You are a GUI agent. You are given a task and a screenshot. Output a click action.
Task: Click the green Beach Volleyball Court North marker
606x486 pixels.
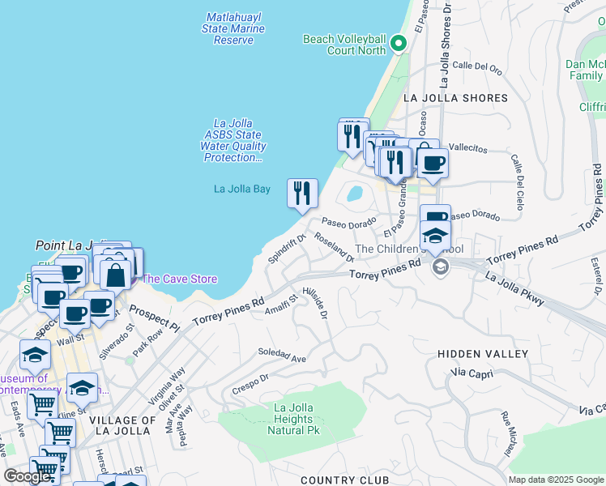(398, 43)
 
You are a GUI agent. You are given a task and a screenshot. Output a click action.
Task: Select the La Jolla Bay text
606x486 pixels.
(241, 189)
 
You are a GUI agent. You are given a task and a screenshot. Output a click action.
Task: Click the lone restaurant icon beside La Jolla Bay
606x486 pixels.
(302, 194)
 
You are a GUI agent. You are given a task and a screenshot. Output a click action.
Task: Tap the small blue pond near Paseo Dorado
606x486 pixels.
(354, 194)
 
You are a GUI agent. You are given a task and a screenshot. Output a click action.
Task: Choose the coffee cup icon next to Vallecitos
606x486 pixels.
(432, 163)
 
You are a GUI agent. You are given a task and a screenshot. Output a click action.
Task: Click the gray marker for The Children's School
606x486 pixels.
(441, 267)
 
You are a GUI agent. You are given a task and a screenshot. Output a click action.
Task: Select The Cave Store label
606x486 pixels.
(179, 279)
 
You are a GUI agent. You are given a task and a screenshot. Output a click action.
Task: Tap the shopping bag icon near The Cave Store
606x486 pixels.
(116, 275)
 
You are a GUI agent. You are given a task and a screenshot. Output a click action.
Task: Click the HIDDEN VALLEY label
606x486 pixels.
(482, 354)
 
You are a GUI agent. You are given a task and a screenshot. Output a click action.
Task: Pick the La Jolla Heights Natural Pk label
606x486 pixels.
(292, 419)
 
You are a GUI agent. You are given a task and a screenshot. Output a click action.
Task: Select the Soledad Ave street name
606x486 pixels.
(282, 355)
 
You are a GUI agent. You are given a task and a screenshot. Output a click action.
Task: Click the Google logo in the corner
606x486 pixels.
(26, 476)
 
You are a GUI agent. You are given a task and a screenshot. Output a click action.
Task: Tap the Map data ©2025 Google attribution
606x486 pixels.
(555, 480)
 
